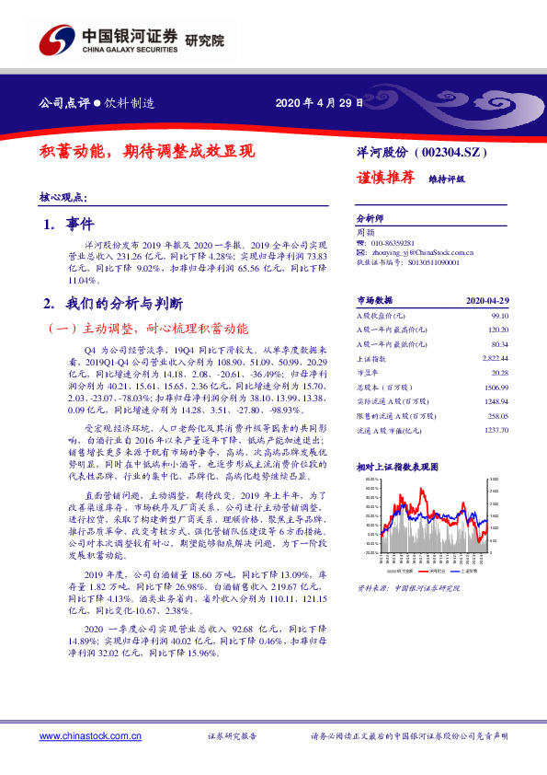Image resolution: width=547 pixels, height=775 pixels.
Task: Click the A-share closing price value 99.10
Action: point(498,314)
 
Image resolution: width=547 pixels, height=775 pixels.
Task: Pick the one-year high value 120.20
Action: point(496,329)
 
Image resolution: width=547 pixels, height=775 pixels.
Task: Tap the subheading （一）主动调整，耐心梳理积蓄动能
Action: point(147,328)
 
